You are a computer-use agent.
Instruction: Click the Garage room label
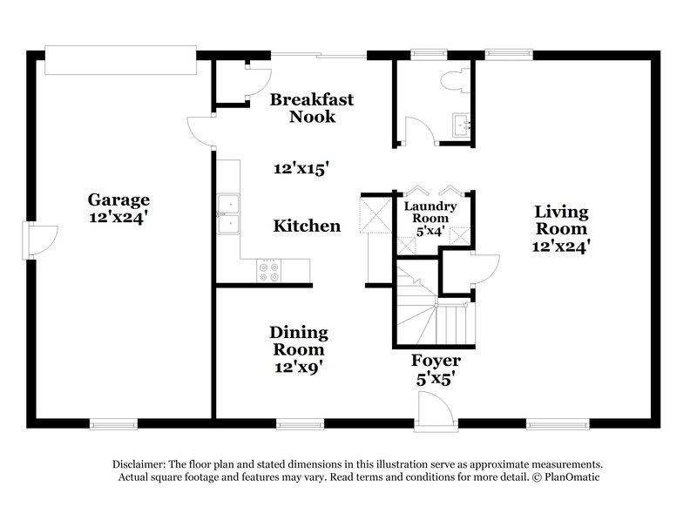coord(118,199)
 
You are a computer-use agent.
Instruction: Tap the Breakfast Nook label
coord(312,107)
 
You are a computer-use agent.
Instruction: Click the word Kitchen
coord(307,226)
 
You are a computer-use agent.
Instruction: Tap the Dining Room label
coord(298,341)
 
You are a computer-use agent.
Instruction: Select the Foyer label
coord(436,360)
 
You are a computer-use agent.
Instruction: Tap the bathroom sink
coord(462,125)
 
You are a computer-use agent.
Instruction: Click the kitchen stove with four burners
coord(269,271)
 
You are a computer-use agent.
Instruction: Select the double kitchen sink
coord(229,214)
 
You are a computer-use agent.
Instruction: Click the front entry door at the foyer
coord(433,409)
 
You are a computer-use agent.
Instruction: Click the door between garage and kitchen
coord(201,132)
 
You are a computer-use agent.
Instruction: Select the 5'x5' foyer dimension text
coord(436,379)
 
